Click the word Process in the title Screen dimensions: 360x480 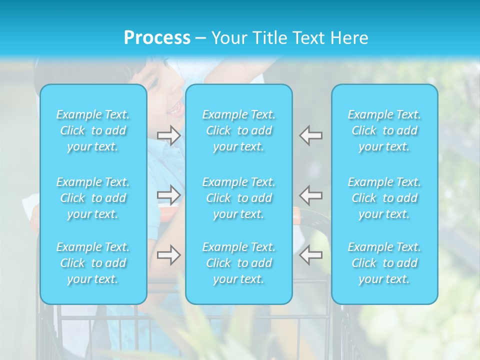point(157,38)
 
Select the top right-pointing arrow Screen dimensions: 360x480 point(169,135)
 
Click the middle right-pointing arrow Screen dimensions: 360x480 point(169,194)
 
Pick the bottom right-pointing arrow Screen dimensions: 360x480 point(169,255)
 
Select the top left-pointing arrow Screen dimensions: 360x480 point(310,135)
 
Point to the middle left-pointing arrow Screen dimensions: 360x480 point(310,194)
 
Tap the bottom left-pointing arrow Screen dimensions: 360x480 point(310,255)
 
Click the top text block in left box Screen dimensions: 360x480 point(93,130)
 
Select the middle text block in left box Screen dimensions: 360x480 point(93,198)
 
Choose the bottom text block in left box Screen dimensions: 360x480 point(93,263)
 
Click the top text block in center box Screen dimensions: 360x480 point(239,130)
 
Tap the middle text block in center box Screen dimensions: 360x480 point(239,198)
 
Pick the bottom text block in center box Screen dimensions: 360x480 point(239,263)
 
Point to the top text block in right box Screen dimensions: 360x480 point(384,130)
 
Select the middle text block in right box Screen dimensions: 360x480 point(384,198)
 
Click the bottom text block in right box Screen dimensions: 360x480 point(384,263)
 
